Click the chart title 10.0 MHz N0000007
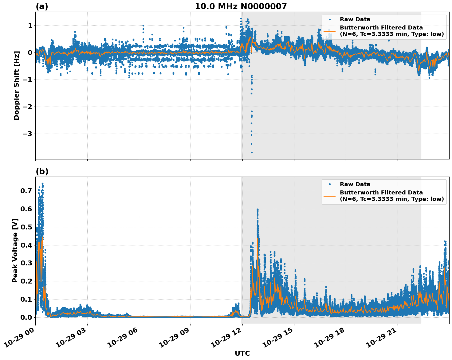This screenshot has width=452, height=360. (241, 6)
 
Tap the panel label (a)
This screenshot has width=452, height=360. (42, 6)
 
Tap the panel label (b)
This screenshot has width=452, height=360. (42, 171)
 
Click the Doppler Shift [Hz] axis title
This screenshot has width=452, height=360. (17, 85)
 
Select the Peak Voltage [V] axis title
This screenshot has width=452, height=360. (15, 250)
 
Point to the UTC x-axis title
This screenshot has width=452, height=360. (242, 353)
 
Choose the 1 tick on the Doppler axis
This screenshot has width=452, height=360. (30, 25)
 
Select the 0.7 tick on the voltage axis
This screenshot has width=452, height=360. (26, 191)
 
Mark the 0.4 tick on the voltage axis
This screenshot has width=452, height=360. (26, 245)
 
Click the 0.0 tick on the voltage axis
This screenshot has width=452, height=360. (26, 317)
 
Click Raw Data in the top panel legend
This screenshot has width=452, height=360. (355, 19)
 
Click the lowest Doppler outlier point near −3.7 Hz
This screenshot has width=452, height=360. (252, 152)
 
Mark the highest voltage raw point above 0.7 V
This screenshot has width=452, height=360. (42, 184)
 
